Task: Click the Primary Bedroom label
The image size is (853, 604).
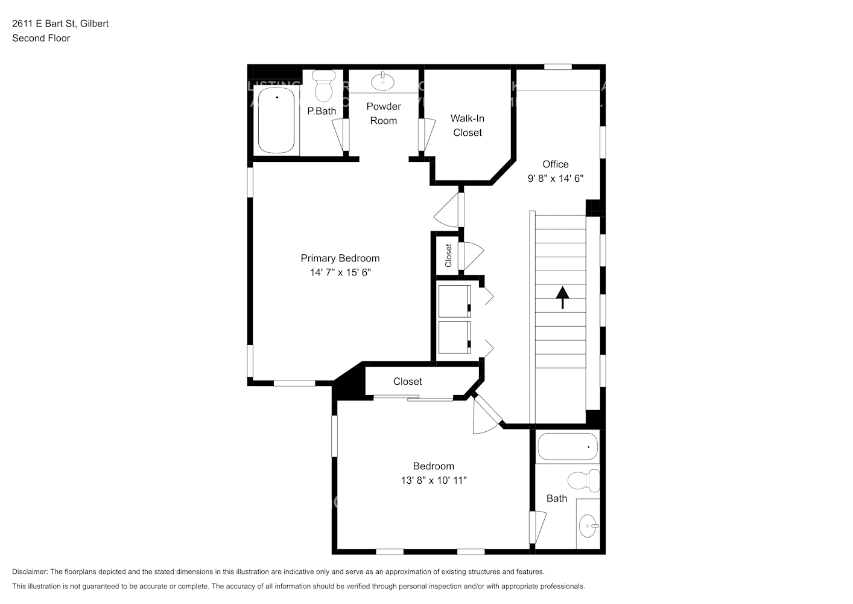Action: pyautogui.click(x=340, y=258)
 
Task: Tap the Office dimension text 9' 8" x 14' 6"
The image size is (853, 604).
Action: pyautogui.click(x=555, y=178)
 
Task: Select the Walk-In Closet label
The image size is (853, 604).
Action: pyautogui.click(x=467, y=126)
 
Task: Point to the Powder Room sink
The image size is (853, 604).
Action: pyautogui.click(x=382, y=80)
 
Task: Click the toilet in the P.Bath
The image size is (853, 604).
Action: pyautogui.click(x=325, y=86)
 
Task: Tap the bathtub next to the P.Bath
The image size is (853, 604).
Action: pyautogui.click(x=276, y=120)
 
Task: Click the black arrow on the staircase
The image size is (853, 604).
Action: pyautogui.click(x=562, y=297)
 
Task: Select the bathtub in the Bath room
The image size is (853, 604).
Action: pyautogui.click(x=567, y=447)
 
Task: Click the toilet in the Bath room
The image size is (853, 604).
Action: pyautogui.click(x=583, y=481)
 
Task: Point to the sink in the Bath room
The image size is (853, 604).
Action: pyautogui.click(x=588, y=526)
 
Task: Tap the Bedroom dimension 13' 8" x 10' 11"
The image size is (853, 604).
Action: pyautogui.click(x=434, y=480)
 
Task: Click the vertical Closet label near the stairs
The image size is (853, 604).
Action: pyautogui.click(x=448, y=255)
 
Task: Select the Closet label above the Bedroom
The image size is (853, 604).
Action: pyautogui.click(x=407, y=381)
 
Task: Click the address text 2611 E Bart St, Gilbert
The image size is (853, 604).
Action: pyautogui.click(x=60, y=24)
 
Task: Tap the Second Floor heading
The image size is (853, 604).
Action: pyautogui.click(x=41, y=38)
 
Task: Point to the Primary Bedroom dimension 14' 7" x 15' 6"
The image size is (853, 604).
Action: pyautogui.click(x=340, y=272)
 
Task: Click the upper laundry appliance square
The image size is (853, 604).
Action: pyautogui.click(x=454, y=301)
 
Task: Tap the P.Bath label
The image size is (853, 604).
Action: pyautogui.click(x=322, y=111)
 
